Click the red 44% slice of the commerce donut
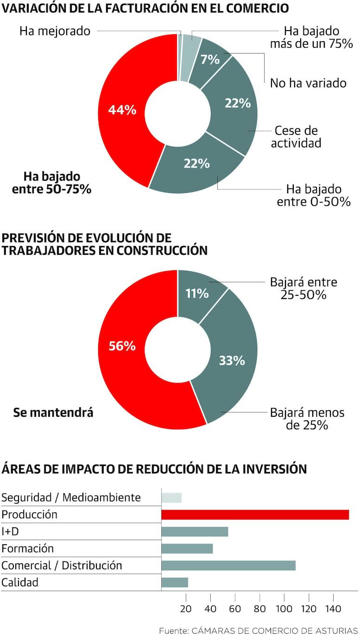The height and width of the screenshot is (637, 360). (x=122, y=110)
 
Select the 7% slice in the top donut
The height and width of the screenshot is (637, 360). (x=210, y=60)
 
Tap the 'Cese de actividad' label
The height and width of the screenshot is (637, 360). (x=296, y=137)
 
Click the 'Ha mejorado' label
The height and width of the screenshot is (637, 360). (x=55, y=31)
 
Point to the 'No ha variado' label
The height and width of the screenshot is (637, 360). (x=308, y=83)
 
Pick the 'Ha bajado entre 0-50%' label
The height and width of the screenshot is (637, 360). (x=314, y=196)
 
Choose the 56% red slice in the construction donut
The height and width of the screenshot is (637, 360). (x=122, y=346)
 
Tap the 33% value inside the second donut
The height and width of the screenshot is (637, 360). (x=232, y=360)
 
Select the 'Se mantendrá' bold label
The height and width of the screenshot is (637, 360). (x=53, y=412)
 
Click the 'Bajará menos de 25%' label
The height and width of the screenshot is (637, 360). (x=307, y=419)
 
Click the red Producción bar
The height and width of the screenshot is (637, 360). (x=255, y=515)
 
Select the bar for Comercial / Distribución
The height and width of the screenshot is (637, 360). (x=228, y=566)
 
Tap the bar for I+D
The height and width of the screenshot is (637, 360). (x=195, y=532)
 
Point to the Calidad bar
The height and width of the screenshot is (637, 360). (x=175, y=583)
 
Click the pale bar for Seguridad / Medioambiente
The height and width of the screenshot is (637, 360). (x=171, y=497)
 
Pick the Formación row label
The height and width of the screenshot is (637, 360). (x=28, y=548)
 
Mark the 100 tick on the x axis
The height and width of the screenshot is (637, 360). (x=284, y=609)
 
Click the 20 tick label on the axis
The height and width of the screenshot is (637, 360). (x=186, y=609)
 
